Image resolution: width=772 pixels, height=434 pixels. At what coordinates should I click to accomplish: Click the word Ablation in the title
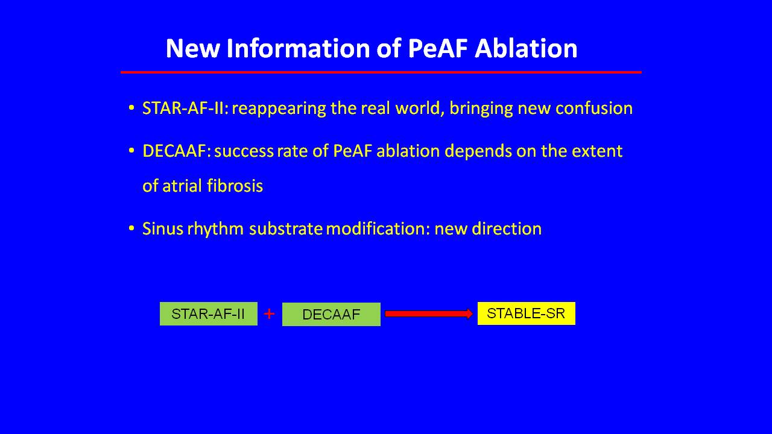pyautogui.click(x=526, y=49)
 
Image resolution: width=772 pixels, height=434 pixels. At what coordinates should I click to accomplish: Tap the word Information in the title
pyautogui.click(x=297, y=49)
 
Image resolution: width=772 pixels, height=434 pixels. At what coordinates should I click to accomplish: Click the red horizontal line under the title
pyautogui.click(x=381, y=72)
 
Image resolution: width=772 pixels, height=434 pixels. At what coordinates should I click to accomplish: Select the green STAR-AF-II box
pyautogui.click(x=209, y=314)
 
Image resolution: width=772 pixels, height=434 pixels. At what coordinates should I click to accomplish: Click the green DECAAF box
pyautogui.click(x=331, y=315)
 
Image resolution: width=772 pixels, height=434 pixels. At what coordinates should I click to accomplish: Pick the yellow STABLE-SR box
pyautogui.click(x=527, y=313)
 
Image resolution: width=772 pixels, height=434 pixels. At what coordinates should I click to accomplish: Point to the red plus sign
pyautogui.click(x=269, y=314)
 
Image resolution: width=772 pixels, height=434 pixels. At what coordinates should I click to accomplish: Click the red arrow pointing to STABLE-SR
pyautogui.click(x=429, y=314)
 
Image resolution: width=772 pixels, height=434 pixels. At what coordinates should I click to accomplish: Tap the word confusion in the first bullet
pyautogui.click(x=594, y=108)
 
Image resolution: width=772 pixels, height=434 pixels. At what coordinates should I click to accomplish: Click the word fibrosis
pyautogui.click(x=235, y=186)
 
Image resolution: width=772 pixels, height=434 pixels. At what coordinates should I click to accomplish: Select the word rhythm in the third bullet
pyautogui.click(x=215, y=229)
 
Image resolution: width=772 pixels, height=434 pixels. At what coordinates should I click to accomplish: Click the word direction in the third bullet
pyautogui.click(x=507, y=228)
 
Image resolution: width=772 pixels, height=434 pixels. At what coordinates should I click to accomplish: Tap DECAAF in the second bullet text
pyautogui.click(x=177, y=151)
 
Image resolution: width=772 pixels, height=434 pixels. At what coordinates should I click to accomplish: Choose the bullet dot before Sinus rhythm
pyautogui.click(x=131, y=228)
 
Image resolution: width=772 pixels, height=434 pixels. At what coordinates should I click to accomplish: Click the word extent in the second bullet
pyautogui.click(x=597, y=151)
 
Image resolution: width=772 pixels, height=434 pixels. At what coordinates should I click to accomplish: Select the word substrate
pyautogui.click(x=286, y=228)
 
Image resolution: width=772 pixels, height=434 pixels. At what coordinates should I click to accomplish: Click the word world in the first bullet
pyautogui.click(x=420, y=108)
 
